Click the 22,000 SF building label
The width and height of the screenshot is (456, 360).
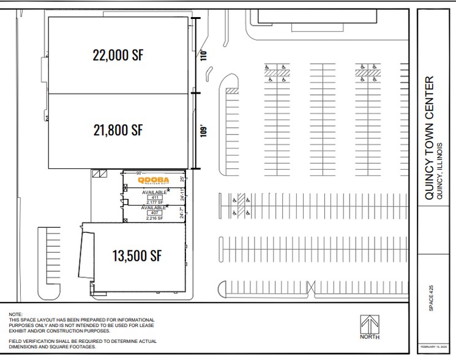click(118, 55)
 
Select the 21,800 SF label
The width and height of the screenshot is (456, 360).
click(118, 130)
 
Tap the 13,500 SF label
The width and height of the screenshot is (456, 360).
click(137, 255)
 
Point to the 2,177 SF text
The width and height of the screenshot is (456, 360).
click(154, 202)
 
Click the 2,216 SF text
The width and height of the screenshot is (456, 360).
click(154, 218)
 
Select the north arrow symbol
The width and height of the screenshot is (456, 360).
click(370, 327)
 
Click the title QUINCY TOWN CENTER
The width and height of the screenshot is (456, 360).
click(430, 137)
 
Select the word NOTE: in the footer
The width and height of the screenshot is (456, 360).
click(15, 315)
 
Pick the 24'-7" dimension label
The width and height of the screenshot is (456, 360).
click(182, 213)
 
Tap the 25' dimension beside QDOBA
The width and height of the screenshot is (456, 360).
click(182, 179)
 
